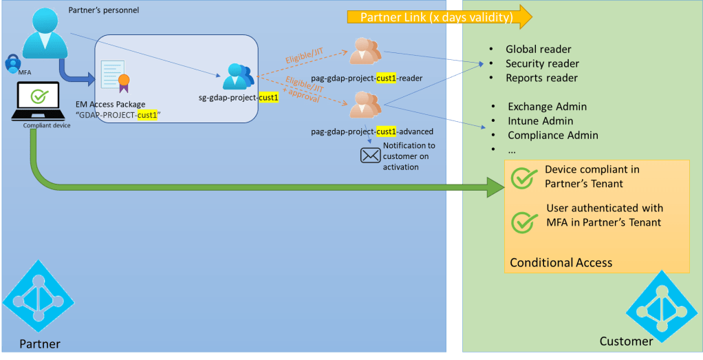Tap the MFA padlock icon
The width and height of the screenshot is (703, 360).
[x=13, y=62]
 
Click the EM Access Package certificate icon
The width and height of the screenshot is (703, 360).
[x=116, y=76]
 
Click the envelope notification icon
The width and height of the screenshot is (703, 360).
[x=371, y=155]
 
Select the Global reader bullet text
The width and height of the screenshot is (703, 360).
[x=538, y=49]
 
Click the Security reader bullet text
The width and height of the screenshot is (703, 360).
[x=542, y=63]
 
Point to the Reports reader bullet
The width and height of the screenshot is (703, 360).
[x=541, y=78]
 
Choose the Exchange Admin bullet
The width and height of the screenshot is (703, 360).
[x=547, y=107]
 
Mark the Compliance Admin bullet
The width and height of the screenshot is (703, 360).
[x=552, y=136]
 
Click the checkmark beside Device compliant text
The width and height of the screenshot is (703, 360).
[x=524, y=177]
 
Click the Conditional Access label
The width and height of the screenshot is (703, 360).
[x=561, y=262]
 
